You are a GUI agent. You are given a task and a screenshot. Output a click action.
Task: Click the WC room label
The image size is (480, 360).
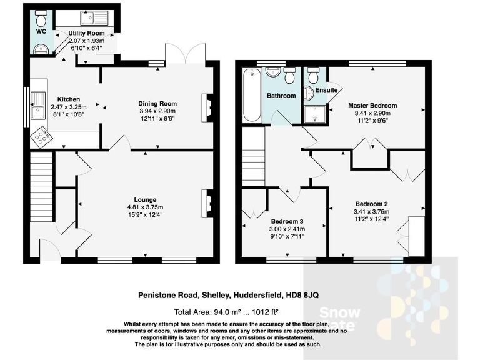[x=41, y=31]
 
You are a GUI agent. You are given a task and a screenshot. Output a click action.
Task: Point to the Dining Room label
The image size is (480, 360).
[x=157, y=104]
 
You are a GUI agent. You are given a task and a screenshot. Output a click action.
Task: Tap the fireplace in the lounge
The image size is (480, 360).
[x=206, y=201]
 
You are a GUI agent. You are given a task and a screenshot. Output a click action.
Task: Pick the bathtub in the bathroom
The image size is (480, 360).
[x=252, y=95]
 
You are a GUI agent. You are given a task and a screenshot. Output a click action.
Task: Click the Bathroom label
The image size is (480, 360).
[x=281, y=96]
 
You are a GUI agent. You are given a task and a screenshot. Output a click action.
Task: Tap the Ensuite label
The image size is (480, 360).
[x=326, y=91]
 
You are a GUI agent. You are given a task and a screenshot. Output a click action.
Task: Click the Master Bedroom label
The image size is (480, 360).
[x=372, y=106]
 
